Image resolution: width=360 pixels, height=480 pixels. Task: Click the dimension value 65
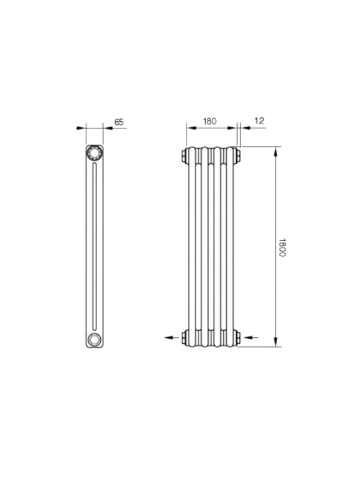119,122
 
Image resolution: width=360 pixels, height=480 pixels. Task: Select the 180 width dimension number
209,121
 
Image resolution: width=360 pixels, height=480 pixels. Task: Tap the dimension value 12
259,121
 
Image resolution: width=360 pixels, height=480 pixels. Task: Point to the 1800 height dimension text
282,248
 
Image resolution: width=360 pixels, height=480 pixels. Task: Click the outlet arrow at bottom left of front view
172,337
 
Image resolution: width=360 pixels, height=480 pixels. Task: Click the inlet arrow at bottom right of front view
251,337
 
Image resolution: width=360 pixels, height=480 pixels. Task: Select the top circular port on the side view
94,153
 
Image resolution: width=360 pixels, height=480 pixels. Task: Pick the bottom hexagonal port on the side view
94,340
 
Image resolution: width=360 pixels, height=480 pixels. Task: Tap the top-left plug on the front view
185,155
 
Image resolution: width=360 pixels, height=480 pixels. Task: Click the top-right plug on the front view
238,155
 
